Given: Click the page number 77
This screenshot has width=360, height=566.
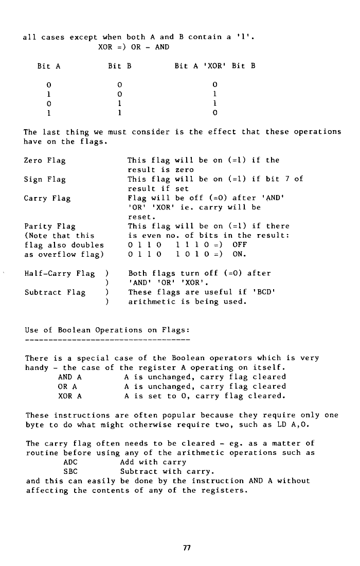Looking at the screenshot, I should [187, 547].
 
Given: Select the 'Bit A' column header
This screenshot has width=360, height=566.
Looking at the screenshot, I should [49, 66].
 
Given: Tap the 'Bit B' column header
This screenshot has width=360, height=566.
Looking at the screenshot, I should [120, 66].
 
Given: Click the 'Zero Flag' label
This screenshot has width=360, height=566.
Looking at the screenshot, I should [45, 161].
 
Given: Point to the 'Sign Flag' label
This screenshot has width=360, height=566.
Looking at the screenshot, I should [45, 180].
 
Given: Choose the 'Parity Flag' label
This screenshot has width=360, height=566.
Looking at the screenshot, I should [50, 226].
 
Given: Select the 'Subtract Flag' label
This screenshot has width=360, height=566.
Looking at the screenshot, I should [55, 292].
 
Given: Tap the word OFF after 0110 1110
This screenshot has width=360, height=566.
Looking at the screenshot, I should [241, 245].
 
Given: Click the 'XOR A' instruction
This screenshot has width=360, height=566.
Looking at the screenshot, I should [70, 396].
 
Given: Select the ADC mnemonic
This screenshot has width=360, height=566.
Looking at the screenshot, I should [70, 462].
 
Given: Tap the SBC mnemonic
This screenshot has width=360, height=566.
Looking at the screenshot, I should [70, 471].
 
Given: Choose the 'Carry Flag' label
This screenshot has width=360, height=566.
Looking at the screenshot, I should [47, 198].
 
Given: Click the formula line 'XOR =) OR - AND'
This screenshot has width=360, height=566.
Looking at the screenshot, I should [134, 47].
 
